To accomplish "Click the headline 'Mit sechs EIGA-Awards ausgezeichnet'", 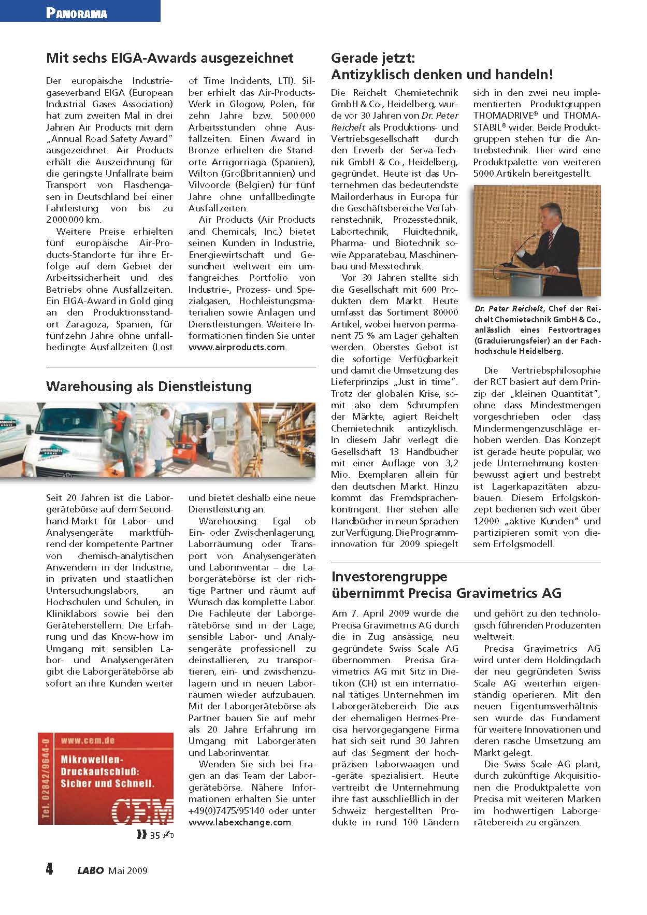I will [170, 58].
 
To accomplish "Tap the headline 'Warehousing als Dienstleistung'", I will [149, 386].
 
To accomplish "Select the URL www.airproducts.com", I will [237, 347].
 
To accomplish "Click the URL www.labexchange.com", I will [240, 822].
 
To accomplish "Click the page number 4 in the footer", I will [49, 869].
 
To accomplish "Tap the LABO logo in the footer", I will [91, 870].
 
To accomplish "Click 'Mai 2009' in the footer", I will [128, 870].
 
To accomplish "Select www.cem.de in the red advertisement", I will [88, 740].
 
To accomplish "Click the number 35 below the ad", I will [155, 835].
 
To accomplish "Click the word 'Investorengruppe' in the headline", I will [389, 577].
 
